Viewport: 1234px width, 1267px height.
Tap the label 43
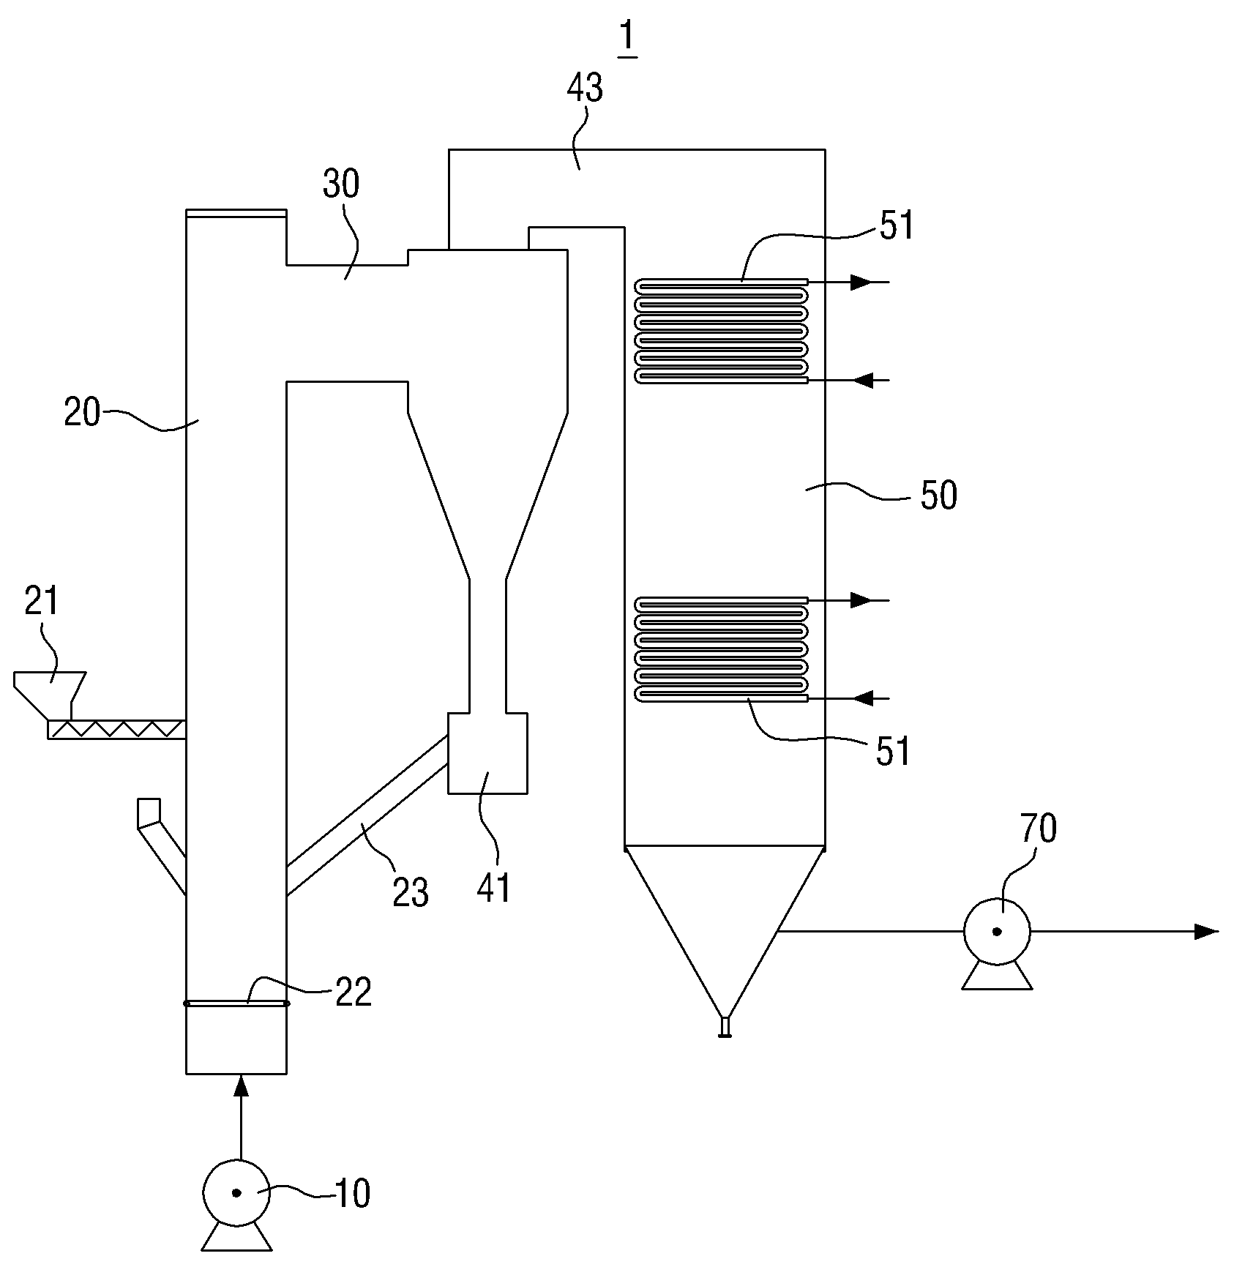[x=585, y=89]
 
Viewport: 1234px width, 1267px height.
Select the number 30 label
[x=341, y=184]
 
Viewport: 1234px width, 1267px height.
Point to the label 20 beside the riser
[x=82, y=413]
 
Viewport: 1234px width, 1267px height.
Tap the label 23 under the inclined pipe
[x=410, y=893]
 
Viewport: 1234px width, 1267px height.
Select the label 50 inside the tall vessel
[x=938, y=496]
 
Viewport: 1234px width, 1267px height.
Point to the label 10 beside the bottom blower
[x=352, y=1194]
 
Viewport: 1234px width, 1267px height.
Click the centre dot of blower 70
[x=996, y=932]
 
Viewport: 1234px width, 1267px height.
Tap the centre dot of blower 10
[x=236, y=1193]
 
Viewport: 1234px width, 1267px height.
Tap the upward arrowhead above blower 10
[x=239, y=1087]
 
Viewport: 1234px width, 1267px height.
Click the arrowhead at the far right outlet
[x=1207, y=932]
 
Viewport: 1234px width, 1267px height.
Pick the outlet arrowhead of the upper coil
[x=863, y=282]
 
